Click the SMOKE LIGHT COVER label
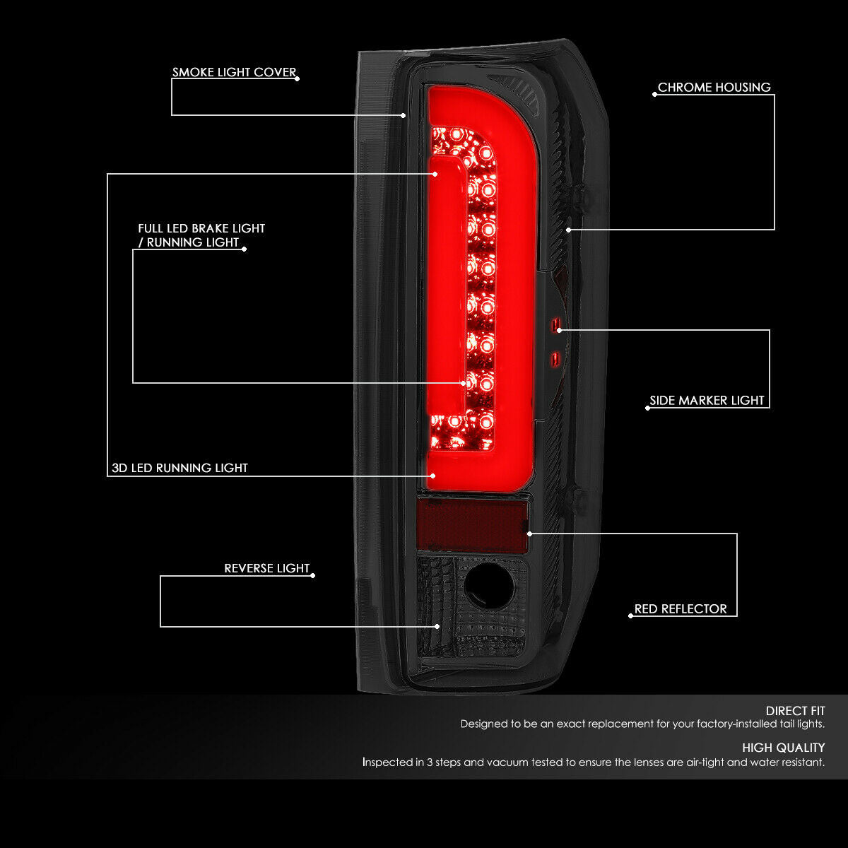(x=234, y=72)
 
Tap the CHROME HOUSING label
(x=714, y=88)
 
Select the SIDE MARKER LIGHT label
(x=707, y=401)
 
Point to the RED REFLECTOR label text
(x=681, y=609)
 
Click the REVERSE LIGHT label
(x=266, y=569)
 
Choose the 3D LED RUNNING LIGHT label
(x=179, y=468)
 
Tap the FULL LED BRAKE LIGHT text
(x=201, y=228)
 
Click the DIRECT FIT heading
(x=795, y=711)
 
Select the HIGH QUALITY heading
(x=783, y=748)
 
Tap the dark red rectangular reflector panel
(x=472, y=526)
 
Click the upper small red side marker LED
(x=555, y=324)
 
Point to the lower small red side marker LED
(x=555, y=360)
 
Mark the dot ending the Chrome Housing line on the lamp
(x=569, y=230)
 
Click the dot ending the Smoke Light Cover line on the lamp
(x=403, y=115)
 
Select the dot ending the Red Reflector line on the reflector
(x=529, y=534)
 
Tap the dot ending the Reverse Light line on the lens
(x=437, y=627)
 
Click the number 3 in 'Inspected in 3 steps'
(x=430, y=762)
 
